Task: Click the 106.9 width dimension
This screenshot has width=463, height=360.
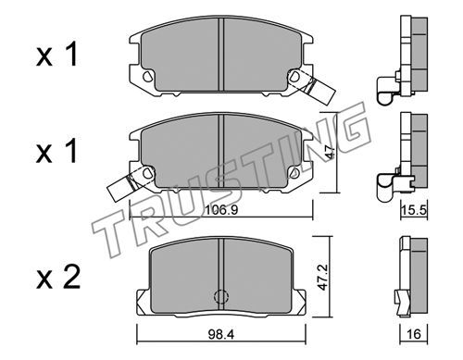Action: point(221,210)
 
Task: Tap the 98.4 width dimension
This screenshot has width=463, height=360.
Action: point(221,334)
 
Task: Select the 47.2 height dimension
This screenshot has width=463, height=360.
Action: point(323,277)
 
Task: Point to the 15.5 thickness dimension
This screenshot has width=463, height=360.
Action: point(414,211)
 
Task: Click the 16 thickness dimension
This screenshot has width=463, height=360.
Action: point(414,334)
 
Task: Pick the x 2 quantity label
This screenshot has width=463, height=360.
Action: point(58,278)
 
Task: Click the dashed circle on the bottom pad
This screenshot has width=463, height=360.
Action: point(221,297)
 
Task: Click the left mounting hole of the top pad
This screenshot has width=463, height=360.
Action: point(147,76)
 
